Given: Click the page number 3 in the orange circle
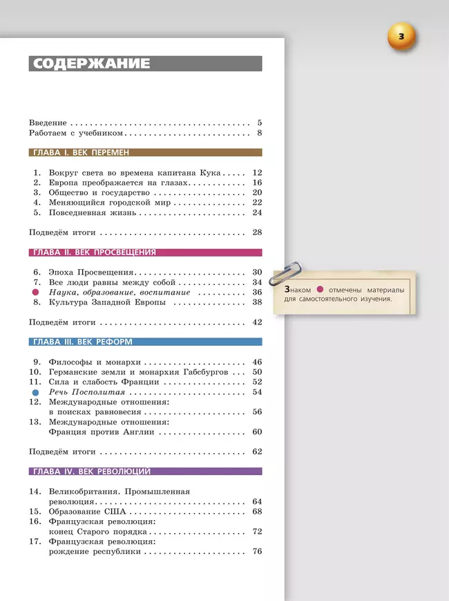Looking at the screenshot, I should point(402,36).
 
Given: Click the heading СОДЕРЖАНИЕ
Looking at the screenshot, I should point(91,64).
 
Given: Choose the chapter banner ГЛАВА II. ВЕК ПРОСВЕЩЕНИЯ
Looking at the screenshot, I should point(94,252).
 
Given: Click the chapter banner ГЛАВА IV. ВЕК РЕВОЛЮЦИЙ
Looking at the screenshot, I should point(91,472).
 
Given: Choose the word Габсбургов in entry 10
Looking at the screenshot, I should point(203,372).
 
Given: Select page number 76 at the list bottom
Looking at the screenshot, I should point(257,552).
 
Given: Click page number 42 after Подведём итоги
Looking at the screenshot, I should point(257,322).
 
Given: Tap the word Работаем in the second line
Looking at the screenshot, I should point(50,133).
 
